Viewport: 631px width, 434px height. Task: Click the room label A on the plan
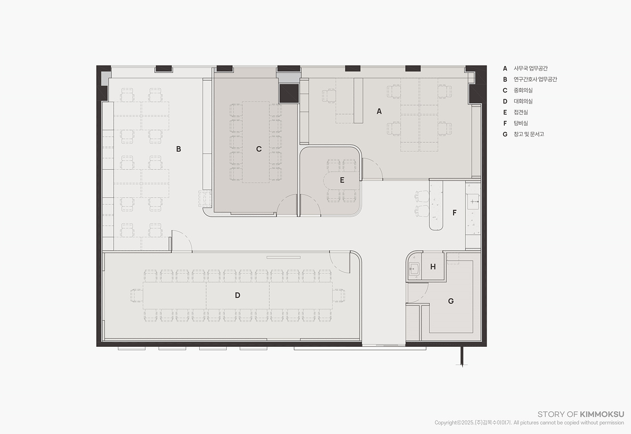tap(379, 111)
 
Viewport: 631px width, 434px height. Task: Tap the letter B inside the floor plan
tap(178, 149)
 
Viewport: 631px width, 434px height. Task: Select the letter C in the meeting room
tap(259, 149)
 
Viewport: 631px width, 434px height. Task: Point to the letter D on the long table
tap(238, 295)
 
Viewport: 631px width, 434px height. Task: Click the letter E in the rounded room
tap(342, 180)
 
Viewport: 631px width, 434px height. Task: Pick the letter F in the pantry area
tap(455, 213)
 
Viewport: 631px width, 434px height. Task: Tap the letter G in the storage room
tap(451, 301)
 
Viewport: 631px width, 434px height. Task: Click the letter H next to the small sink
tap(433, 267)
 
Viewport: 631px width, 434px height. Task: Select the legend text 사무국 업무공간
tap(530, 68)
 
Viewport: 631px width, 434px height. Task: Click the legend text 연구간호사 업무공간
tap(535, 79)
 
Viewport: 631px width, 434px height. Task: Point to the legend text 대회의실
tap(523, 101)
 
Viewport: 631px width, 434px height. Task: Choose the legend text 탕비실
tap(521, 123)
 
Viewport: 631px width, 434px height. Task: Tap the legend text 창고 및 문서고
tap(529, 134)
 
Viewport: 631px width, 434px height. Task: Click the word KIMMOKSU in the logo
tap(602, 414)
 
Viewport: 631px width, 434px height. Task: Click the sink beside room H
tap(414, 269)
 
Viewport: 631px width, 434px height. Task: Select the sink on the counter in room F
tap(473, 201)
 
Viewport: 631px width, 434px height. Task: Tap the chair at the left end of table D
tap(137, 296)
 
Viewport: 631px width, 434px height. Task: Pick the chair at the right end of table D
tap(339, 296)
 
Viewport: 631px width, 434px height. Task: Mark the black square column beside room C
tap(289, 94)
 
